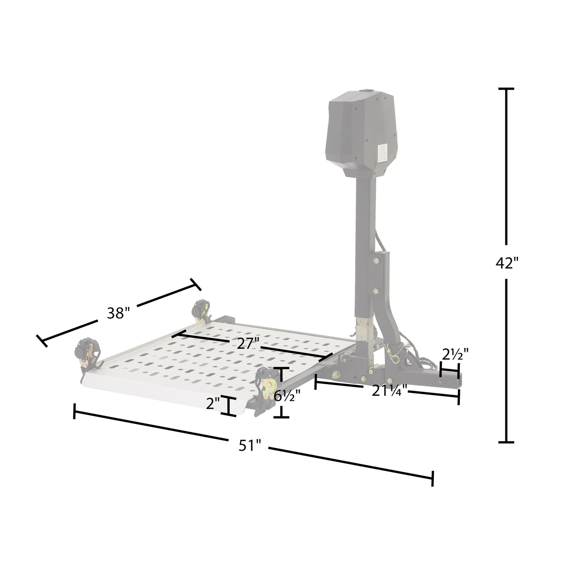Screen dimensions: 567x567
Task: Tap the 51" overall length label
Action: click(249, 445)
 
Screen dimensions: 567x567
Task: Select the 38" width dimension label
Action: click(117, 313)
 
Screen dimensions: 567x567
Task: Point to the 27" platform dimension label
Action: click(248, 343)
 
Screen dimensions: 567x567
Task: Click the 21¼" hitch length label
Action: click(389, 391)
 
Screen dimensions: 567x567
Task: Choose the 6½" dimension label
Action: click(287, 395)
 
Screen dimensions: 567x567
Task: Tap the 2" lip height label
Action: click(213, 404)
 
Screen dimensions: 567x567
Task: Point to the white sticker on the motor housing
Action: click(382, 153)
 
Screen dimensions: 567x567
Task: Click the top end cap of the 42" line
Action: click(506, 89)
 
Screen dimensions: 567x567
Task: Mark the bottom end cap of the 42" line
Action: click(506, 442)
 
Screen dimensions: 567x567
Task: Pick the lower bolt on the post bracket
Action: click(376, 291)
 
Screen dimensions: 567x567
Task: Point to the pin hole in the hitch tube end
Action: click(440, 382)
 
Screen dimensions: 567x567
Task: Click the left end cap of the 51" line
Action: click(74, 411)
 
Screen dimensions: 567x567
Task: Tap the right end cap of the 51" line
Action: click(432, 478)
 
